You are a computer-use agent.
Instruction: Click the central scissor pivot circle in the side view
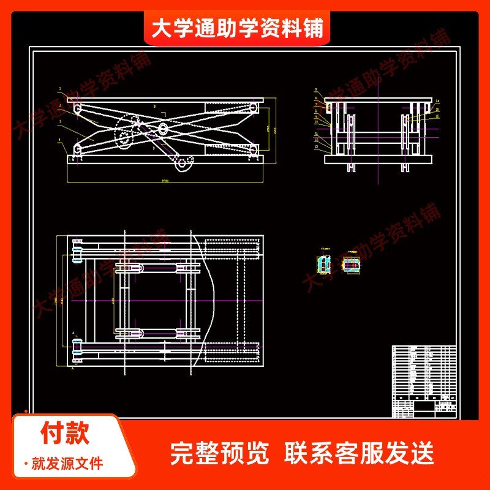pyautogui.click(x=164, y=129)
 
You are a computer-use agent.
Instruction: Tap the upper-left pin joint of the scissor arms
pyautogui.click(x=78, y=107)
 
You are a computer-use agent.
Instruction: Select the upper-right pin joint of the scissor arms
pyautogui.click(x=252, y=108)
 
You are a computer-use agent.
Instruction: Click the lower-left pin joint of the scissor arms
pyautogui.click(x=78, y=150)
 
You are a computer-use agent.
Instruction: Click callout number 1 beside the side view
pyautogui.click(x=60, y=89)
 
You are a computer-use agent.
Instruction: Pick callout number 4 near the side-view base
pyautogui.click(x=60, y=140)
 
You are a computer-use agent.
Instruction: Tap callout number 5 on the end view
pyautogui.click(x=316, y=89)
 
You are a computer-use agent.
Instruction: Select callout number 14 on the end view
pyautogui.click(x=437, y=100)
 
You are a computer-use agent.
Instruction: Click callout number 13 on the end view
pyautogui.click(x=316, y=147)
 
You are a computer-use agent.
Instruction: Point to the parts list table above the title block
pyautogui.click(x=423, y=373)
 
